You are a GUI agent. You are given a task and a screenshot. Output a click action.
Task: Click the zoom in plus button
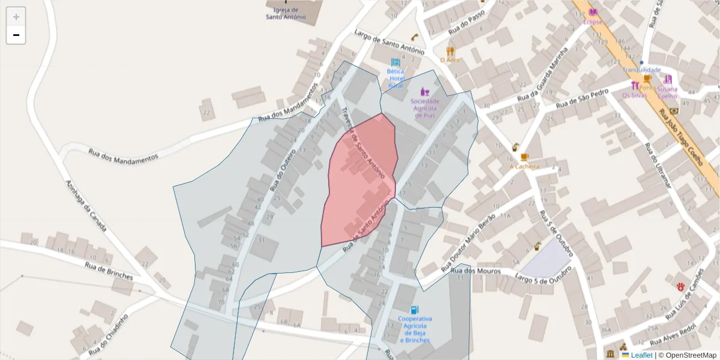[16, 17]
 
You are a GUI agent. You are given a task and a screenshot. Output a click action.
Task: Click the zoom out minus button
[16, 35]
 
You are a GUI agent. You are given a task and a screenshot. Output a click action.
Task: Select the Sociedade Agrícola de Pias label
[425, 108]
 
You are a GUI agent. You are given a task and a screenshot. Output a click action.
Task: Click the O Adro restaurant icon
[450, 52]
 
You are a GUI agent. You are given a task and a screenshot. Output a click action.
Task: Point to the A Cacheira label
[524, 166]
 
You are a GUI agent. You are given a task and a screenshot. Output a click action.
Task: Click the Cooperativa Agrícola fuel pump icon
[414, 310]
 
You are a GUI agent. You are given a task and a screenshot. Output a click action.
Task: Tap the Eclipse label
[592, 22]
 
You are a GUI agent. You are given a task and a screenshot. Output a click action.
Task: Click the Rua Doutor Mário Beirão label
[468, 242]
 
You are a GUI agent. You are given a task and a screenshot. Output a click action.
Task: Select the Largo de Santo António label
[389, 43]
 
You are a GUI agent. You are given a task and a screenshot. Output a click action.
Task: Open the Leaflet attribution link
[641, 355]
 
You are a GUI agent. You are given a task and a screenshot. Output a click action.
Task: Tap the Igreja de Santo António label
[286, 14]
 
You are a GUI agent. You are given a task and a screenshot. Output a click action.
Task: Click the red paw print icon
[681, 287]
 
